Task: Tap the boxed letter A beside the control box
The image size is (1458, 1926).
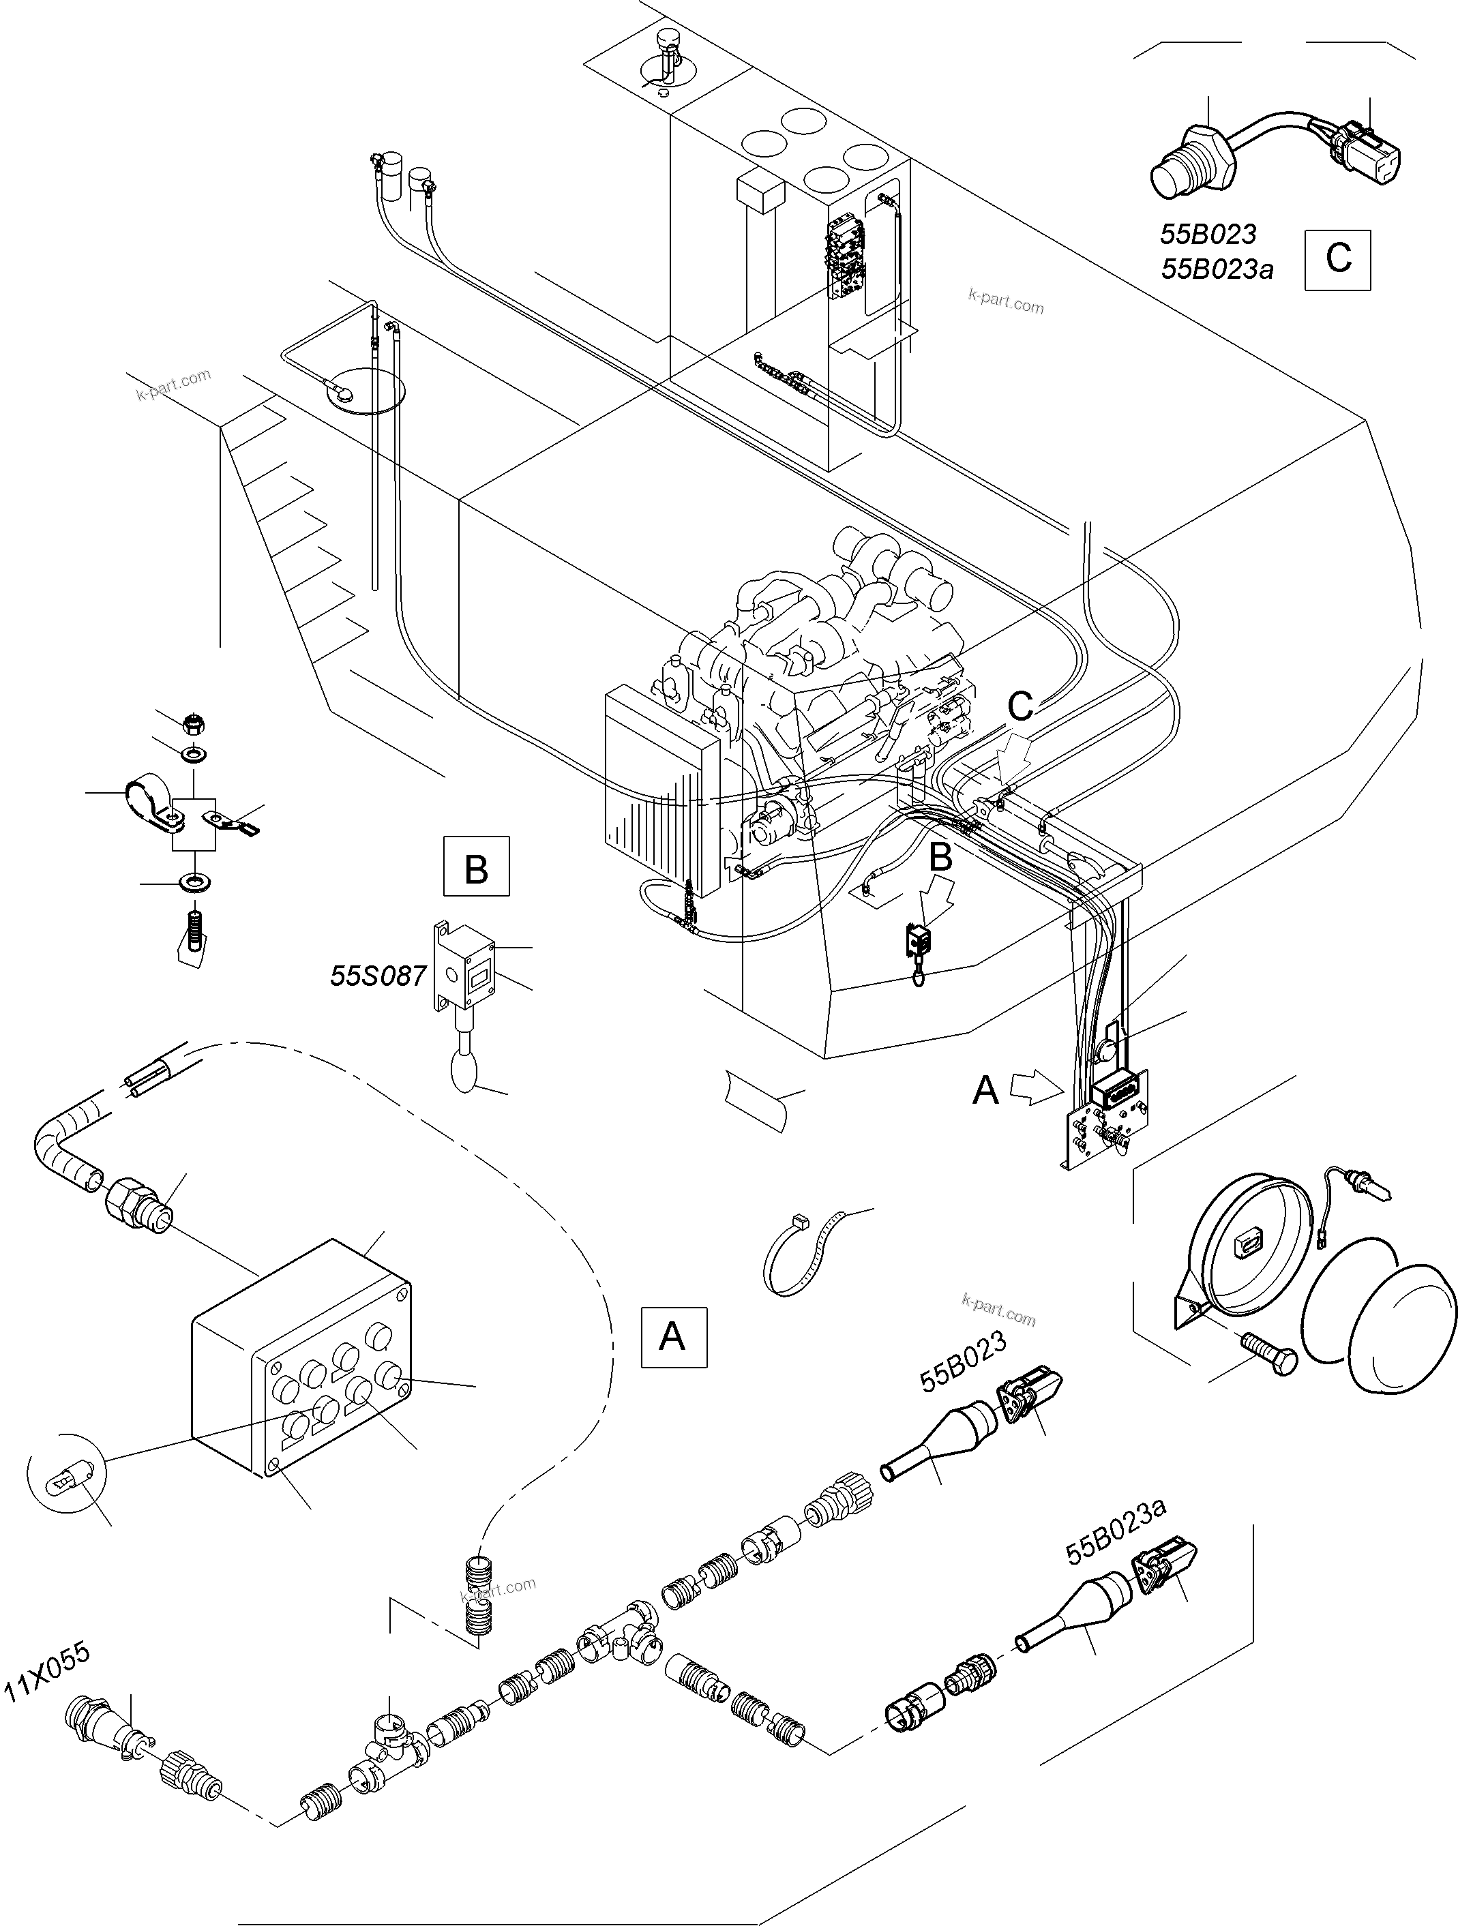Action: tap(673, 1336)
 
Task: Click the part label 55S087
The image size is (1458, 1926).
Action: tap(377, 975)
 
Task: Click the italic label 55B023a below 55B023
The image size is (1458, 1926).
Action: tap(1217, 270)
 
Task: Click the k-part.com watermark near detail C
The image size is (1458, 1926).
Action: tap(1005, 301)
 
